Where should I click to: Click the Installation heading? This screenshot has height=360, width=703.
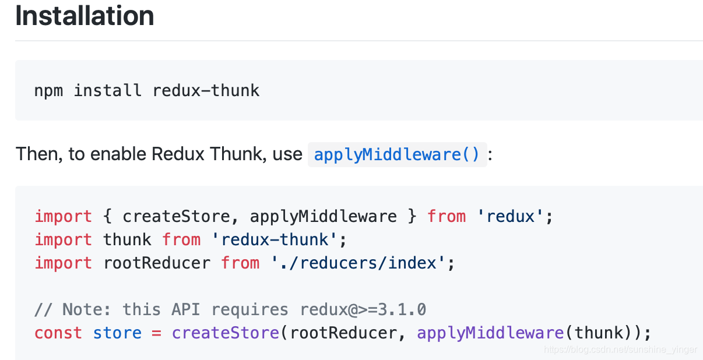[x=85, y=16]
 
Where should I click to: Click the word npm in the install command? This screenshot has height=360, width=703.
[x=49, y=90]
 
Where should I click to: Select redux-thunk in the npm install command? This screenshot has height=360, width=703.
[x=206, y=90]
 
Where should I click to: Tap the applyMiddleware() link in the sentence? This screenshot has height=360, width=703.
[x=396, y=154]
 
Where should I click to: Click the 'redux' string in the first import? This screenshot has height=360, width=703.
[x=511, y=216]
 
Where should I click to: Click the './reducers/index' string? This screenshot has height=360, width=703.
[x=358, y=263]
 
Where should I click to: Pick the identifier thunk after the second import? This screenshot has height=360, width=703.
[x=127, y=239]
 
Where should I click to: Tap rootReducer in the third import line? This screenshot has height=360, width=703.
[x=157, y=263]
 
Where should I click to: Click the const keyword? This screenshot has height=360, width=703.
[x=58, y=333]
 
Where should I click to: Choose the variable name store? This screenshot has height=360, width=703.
[x=117, y=333]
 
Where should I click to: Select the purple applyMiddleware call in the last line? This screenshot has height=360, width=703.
[x=490, y=333]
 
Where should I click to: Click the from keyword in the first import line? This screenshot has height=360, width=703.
[x=447, y=216]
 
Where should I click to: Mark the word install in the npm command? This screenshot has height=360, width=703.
[x=108, y=90]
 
